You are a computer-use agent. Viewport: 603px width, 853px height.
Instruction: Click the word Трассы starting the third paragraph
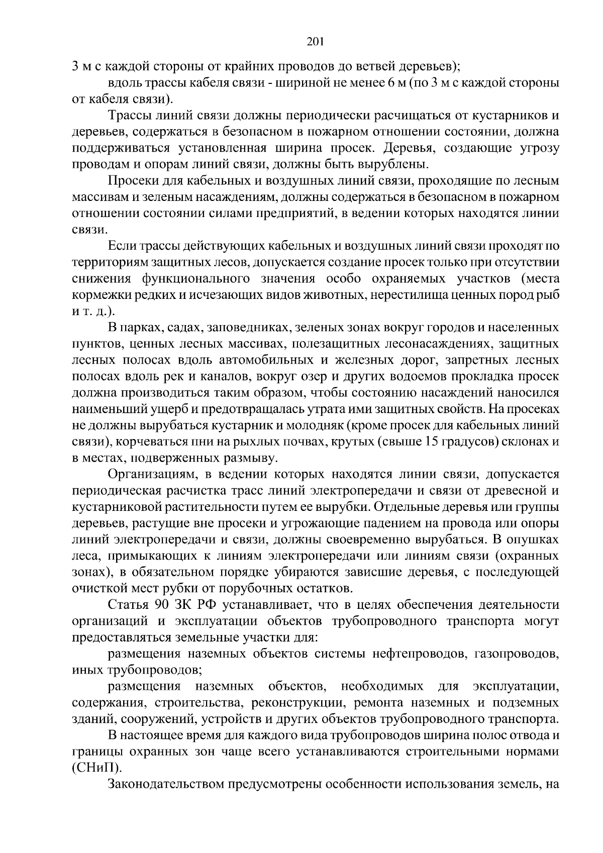click(x=128, y=116)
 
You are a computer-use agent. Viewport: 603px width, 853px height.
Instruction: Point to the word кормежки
click(x=95, y=295)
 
